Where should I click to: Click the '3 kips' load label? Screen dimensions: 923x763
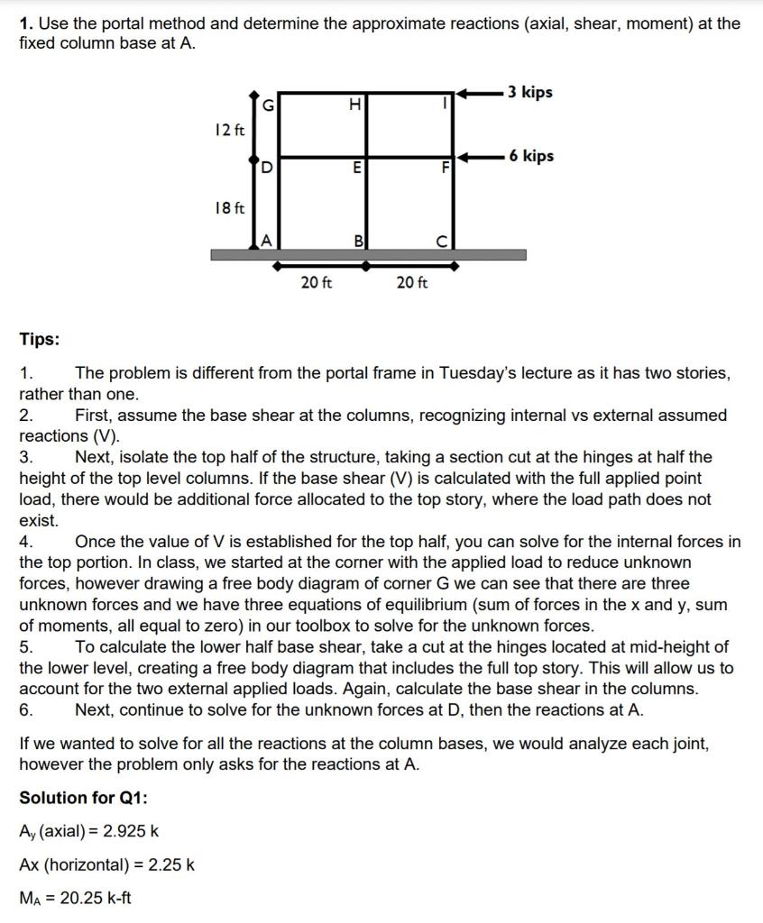pyautogui.click(x=529, y=92)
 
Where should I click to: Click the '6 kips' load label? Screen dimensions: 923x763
pyautogui.click(x=530, y=156)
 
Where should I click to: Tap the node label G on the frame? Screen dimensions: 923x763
pyautogui.click(x=268, y=106)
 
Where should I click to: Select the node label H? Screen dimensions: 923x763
pyautogui.click(x=355, y=106)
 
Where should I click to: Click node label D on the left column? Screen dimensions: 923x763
pyautogui.click(x=268, y=169)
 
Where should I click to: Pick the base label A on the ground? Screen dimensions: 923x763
pyautogui.click(x=266, y=240)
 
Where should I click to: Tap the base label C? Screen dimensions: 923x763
pyautogui.click(x=443, y=241)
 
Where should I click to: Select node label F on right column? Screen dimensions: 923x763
pyautogui.click(x=444, y=169)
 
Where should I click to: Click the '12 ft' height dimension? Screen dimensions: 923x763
pyautogui.click(x=230, y=130)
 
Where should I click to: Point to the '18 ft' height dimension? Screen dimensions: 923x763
pyautogui.click(x=230, y=209)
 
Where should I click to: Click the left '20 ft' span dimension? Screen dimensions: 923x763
pyautogui.click(x=316, y=283)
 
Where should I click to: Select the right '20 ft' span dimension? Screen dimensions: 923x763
pyautogui.click(x=411, y=283)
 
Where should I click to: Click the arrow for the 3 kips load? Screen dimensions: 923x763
pyautogui.click(x=478, y=92)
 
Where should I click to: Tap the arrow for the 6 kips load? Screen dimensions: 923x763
pyautogui.click(x=478, y=156)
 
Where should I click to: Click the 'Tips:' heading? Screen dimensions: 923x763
pyautogui.click(x=40, y=340)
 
